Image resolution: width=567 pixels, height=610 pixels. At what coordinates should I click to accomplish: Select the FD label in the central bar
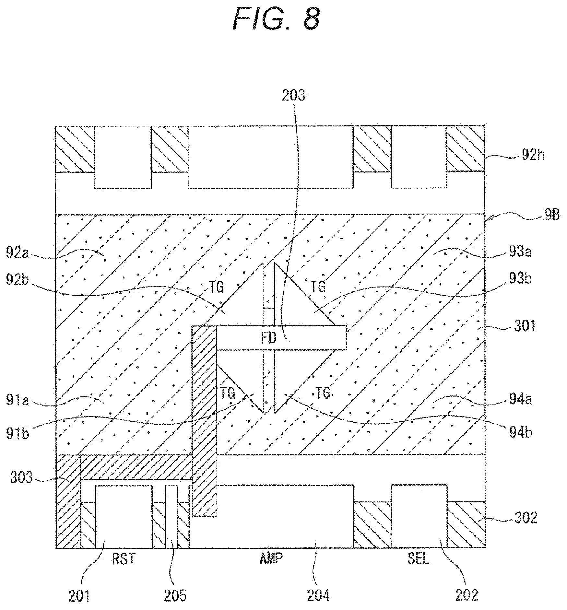[269, 338]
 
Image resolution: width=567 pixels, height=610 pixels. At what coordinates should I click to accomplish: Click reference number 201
[80, 595]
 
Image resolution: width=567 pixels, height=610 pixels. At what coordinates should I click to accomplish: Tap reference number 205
[175, 595]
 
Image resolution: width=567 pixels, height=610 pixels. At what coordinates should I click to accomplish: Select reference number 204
[318, 595]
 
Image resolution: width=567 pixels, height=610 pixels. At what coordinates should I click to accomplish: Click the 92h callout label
[533, 156]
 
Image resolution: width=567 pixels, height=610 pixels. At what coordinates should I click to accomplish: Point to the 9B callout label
[552, 216]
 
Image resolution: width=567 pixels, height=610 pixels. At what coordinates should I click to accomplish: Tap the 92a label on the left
[18, 253]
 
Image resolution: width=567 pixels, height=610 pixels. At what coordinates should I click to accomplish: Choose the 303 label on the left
[21, 478]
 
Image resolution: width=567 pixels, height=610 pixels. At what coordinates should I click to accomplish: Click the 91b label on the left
[18, 434]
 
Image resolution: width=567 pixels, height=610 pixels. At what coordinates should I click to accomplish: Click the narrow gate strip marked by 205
[171, 517]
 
